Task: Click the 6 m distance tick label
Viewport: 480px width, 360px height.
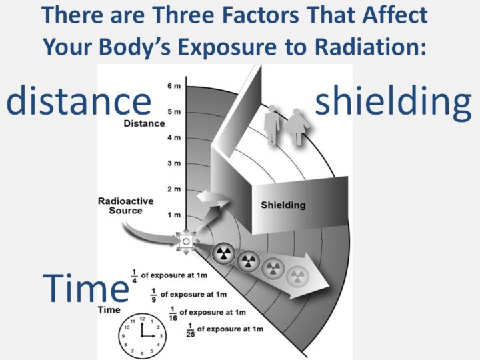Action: [174, 86]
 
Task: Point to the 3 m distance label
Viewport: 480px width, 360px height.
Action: [174, 163]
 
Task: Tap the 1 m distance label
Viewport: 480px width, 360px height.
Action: [174, 215]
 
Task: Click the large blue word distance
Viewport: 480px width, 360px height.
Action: [79, 100]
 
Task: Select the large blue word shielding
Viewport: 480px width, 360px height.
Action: [393, 102]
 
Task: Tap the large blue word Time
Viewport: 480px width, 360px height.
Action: [86, 288]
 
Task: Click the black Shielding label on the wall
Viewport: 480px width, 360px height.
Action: [283, 205]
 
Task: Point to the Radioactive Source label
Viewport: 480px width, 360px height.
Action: [126, 206]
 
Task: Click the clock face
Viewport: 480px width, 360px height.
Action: [143, 336]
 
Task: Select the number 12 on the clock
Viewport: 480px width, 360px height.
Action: [142, 319]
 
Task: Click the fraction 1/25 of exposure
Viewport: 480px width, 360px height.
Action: [191, 330]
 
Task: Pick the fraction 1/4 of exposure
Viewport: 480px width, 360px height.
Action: [134, 276]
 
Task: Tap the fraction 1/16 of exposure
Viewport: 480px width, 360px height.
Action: [173, 313]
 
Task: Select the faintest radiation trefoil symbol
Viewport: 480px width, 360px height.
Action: [297, 277]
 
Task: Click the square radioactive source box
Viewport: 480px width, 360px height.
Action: [186, 241]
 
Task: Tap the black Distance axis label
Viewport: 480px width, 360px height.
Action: [144, 123]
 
